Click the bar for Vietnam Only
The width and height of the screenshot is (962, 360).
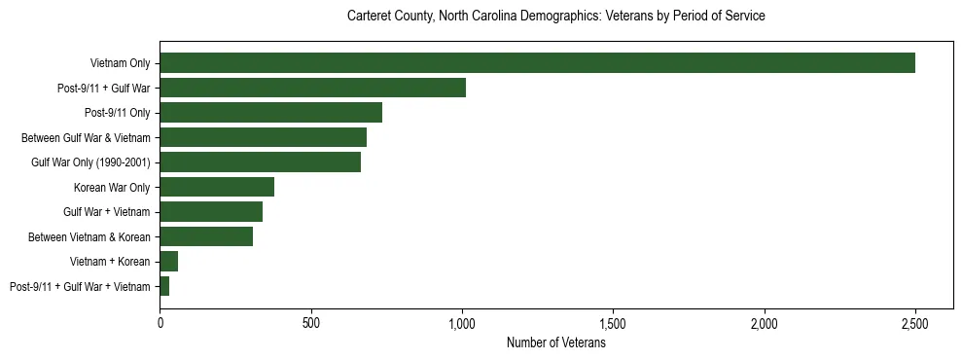click(537, 63)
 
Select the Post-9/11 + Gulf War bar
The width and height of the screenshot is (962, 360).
click(312, 89)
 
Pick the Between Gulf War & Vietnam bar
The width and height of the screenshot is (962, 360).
click(263, 137)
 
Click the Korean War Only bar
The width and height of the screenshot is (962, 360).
click(217, 187)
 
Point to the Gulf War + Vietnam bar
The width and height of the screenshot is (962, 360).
click(211, 212)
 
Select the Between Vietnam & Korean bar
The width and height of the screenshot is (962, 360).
click(206, 236)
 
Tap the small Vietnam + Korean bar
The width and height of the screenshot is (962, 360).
click(169, 262)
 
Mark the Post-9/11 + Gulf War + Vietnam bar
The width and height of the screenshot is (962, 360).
click(164, 286)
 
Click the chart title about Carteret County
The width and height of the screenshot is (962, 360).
click(555, 17)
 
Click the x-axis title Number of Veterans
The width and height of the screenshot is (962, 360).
click(555, 343)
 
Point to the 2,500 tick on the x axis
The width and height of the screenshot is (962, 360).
click(914, 321)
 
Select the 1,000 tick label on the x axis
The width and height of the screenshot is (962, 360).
click(462, 321)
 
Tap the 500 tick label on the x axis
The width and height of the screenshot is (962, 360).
click(310, 321)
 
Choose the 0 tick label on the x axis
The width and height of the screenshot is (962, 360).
click(160, 321)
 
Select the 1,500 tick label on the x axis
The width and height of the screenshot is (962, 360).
click(613, 321)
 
